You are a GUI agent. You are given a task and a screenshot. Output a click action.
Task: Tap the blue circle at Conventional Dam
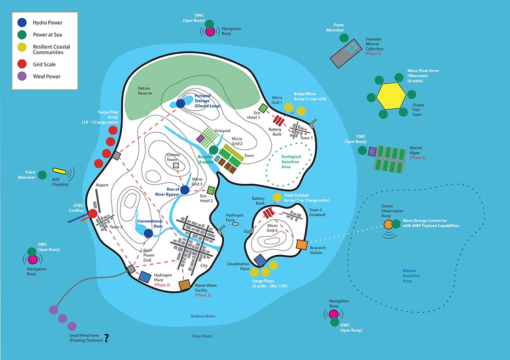tap(148, 233)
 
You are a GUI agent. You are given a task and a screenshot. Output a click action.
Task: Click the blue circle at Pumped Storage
tap(181, 104)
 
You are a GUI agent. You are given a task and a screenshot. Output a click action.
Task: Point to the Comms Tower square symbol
tap(176, 165)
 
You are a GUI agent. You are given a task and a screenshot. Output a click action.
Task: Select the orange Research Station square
tap(302, 245)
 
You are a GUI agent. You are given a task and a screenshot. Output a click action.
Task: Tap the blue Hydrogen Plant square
tap(145, 277)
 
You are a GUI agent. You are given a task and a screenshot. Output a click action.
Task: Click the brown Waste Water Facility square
tap(185, 286)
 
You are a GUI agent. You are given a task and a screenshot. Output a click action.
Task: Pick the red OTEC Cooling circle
tap(92, 214)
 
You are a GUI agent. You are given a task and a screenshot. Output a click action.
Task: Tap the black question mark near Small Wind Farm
tap(107, 338)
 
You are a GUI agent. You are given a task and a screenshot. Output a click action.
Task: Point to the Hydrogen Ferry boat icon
tap(236, 225)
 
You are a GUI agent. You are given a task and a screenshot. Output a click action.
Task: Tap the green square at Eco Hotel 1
tap(263, 108)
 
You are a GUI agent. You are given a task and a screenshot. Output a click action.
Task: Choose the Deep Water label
tap(202, 336)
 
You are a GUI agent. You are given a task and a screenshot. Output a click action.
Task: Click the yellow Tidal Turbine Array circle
tap(277, 198)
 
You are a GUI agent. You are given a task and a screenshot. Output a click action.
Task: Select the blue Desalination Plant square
tap(260, 260)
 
